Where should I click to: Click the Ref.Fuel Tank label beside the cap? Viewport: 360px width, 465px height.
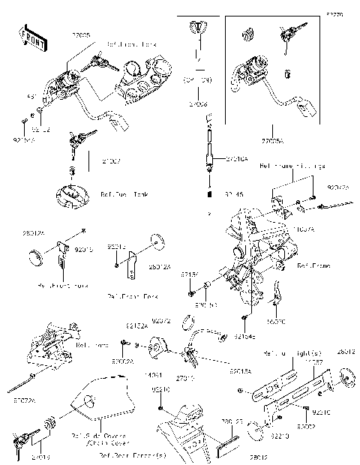(x=124, y=194)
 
